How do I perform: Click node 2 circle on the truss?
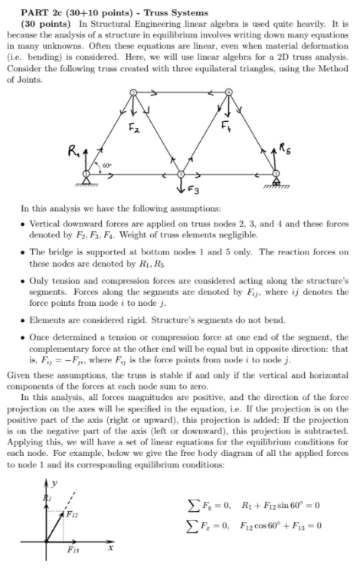[x=134, y=93]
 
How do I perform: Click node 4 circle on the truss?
[x=228, y=93]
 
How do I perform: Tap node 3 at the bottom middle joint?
[x=181, y=175]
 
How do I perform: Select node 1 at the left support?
[x=87, y=175]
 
